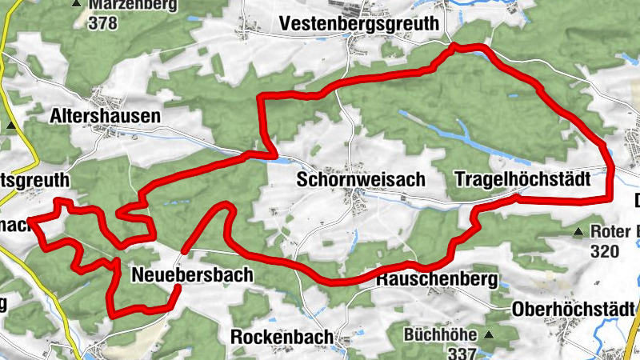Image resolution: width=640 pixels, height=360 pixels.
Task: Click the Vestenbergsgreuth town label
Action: pyautogui.click(x=360, y=24)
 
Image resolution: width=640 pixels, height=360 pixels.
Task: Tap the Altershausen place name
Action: pyautogui.click(x=105, y=116)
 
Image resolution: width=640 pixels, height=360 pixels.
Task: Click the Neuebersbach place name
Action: pyautogui.click(x=191, y=275)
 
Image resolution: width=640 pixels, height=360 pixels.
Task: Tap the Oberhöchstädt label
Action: pyautogui.click(x=573, y=309)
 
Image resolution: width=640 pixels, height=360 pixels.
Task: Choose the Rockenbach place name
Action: pyautogui.click(x=281, y=337)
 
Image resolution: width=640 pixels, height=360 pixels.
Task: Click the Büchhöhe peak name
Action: pyautogui.click(x=440, y=334)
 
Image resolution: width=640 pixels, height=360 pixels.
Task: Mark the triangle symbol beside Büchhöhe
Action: pyautogui.click(x=489, y=334)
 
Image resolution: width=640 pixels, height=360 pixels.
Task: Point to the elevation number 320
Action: pyautogui.click(x=605, y=251)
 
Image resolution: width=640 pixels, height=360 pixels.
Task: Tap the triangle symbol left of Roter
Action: pyautogui.click(x=578, y=233)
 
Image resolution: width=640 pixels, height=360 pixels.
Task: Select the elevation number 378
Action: pyautogui.click(x=104, y=22)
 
